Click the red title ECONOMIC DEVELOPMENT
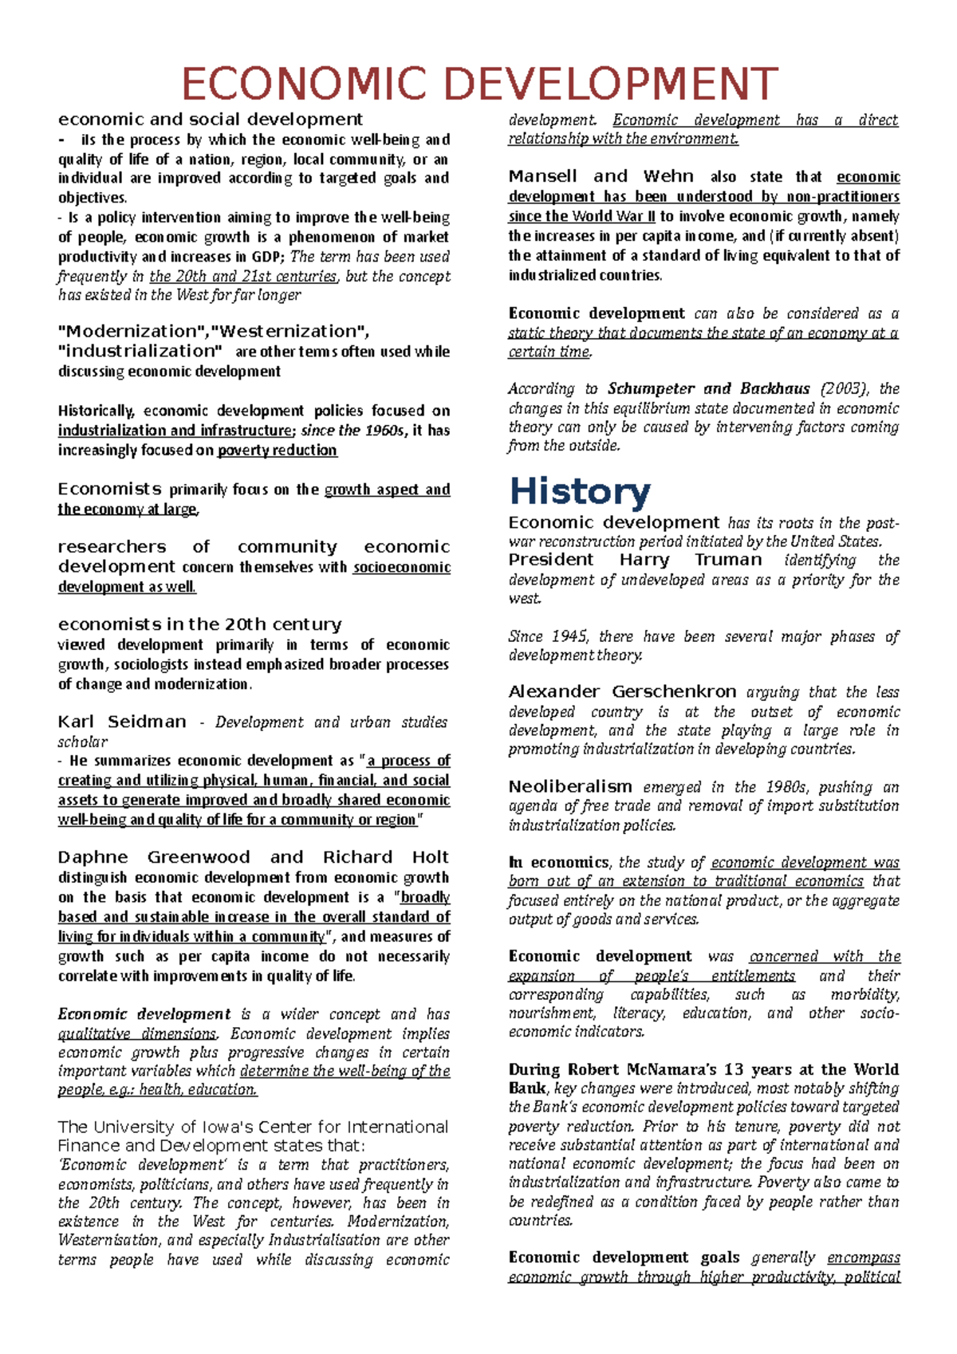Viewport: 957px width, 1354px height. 479,85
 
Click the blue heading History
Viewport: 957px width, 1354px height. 580,491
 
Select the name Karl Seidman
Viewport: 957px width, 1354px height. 121,722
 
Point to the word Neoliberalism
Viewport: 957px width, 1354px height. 570,787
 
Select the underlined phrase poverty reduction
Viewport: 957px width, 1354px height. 277,451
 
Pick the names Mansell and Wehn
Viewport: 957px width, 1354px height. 601,176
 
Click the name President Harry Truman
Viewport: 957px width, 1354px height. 635,560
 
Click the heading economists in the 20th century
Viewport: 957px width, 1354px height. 199,624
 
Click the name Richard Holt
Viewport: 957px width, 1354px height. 385,857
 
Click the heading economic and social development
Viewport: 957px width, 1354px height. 210,120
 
